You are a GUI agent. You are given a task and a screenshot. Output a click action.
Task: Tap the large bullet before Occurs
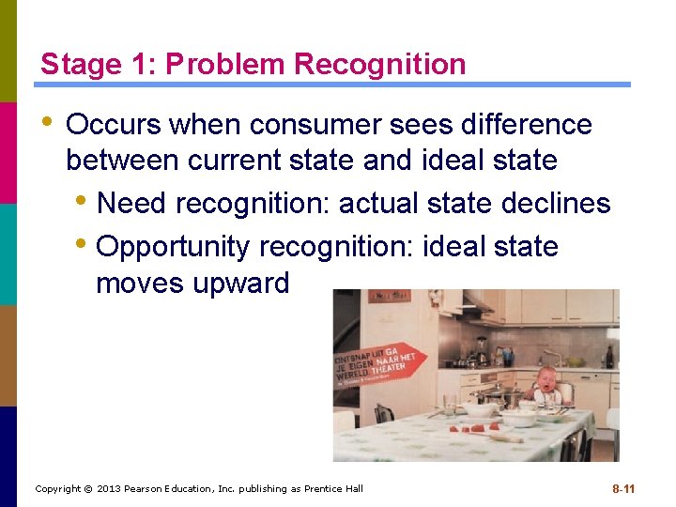pos(47,123)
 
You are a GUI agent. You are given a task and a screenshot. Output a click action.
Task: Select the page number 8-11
pos(623,489)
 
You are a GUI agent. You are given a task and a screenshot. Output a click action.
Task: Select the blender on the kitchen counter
pos(482,348)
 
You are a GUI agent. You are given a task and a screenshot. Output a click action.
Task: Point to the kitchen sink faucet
pos(552,355)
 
